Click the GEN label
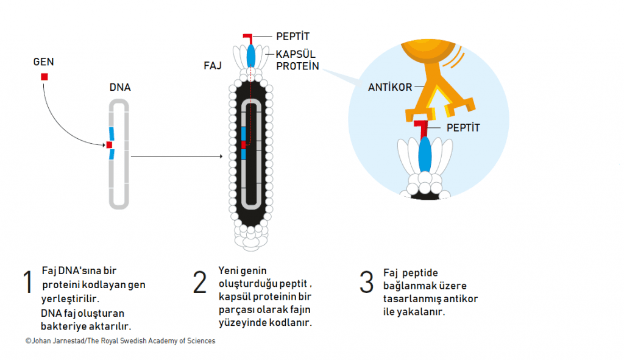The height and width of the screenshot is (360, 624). [43, 62]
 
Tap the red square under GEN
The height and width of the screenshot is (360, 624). [44, 77]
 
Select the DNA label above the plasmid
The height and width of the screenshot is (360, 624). [120, 88]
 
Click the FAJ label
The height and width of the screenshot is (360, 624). [213, 66]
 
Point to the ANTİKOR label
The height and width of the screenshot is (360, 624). [390, 87]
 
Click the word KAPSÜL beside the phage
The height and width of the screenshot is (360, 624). [296, 54]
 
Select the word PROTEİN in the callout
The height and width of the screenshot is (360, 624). [297, 66]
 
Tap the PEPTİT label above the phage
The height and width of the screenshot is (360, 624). [293, 36]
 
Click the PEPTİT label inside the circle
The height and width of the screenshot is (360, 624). [463, 128]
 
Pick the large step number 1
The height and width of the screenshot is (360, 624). [27, 282]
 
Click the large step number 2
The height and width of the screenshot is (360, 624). [200, 282]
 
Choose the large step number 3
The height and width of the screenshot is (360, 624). [366, 282]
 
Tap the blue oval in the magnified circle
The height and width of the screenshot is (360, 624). [425, 155]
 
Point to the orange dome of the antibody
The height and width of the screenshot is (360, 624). [428, 50]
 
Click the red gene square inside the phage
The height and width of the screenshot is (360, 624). [244, 145]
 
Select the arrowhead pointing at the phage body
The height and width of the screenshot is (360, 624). [221, 157]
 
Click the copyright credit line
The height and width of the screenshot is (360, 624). [120, 341]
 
